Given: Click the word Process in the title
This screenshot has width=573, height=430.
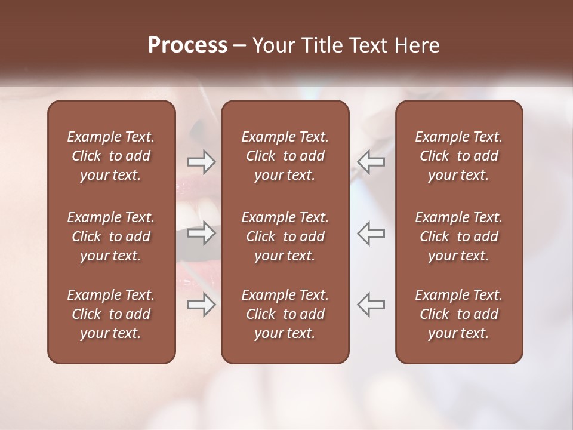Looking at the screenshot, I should tap(187, 45).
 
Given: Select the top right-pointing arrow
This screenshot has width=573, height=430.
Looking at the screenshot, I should tap(202, 161).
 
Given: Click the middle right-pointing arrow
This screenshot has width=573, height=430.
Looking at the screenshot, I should tap(202, 233).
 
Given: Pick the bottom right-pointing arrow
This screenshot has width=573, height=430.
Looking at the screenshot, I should tap(202, 305).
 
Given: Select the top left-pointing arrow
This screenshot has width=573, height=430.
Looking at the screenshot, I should tap(371, 161).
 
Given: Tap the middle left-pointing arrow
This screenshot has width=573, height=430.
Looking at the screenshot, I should tap(371, 233).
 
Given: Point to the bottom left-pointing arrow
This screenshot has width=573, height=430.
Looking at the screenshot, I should tap(371, 305).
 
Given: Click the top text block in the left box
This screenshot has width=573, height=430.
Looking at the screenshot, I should tap(111, 156).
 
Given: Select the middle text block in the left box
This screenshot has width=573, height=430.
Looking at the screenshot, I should tap(111, 236).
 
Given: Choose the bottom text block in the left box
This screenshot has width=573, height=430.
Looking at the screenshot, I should tap(111, 314).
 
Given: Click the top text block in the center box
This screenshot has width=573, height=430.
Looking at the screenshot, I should tap(285, 156).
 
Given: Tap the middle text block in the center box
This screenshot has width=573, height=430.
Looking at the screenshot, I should tap(285, 236).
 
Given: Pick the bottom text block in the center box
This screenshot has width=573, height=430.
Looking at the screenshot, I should tap(285, 314).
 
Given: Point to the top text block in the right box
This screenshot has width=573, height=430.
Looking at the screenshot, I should tap(459, 156).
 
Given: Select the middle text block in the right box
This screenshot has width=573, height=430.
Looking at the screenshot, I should tap(459, 236).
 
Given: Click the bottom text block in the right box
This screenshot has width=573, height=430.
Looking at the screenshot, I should tap(459, 314).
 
